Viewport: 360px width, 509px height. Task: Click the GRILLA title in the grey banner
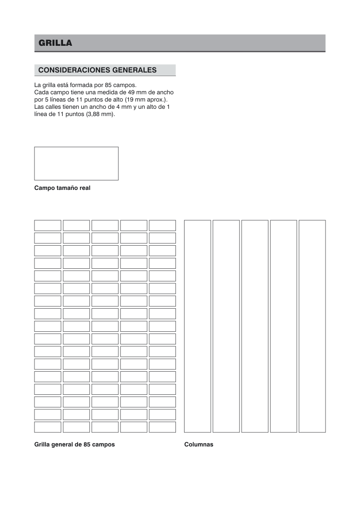pyautogui.click(x=55, y=43)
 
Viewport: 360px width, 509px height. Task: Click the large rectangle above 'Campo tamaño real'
pyautogui.click(x=76, y=163)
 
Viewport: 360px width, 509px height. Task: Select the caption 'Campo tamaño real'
pyautogui.click(x=62, y=188)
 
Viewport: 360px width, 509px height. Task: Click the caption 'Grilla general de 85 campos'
pyautogui.click(x=74, y=444)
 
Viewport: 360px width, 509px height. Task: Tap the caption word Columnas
pyautogui.click(x=199, y=444)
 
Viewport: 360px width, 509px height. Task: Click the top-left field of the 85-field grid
pyautogui.click(x=48, y=225)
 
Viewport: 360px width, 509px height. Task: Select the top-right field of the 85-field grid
pyautogui.click(x=162, y=225)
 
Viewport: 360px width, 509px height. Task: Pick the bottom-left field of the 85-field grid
pyautogui.click(x=48, y=427)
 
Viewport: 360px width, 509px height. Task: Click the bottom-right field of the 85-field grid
pyautogui.click(x=162, y=427)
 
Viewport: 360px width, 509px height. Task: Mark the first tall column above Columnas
pyautogui.click(x=197, y=326)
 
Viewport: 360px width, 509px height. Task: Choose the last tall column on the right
pyautogui.click(x=312, y=326)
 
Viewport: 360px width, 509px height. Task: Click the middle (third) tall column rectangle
pyautogui.click(x=255, y=326)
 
